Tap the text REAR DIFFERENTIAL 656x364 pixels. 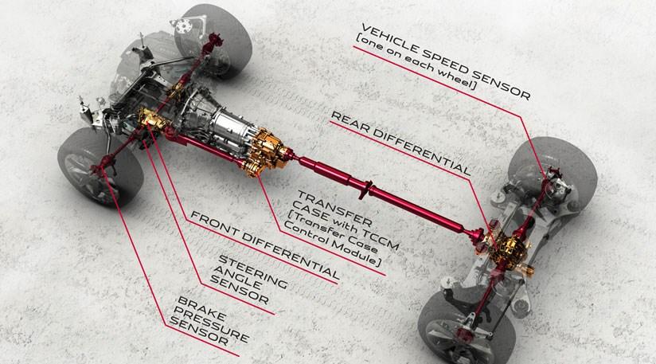coord(400,143)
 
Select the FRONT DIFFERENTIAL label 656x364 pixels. coord(265,245)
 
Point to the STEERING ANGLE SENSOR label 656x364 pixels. coord(248,279)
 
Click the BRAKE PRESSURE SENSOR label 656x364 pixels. coord(208,321)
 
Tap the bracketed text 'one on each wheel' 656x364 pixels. coord(416,62)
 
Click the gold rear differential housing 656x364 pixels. coord(507,250)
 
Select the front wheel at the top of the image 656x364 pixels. coord(213,40)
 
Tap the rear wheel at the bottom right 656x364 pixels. coord(466,328)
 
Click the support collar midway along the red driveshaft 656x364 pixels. coord(365,190)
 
